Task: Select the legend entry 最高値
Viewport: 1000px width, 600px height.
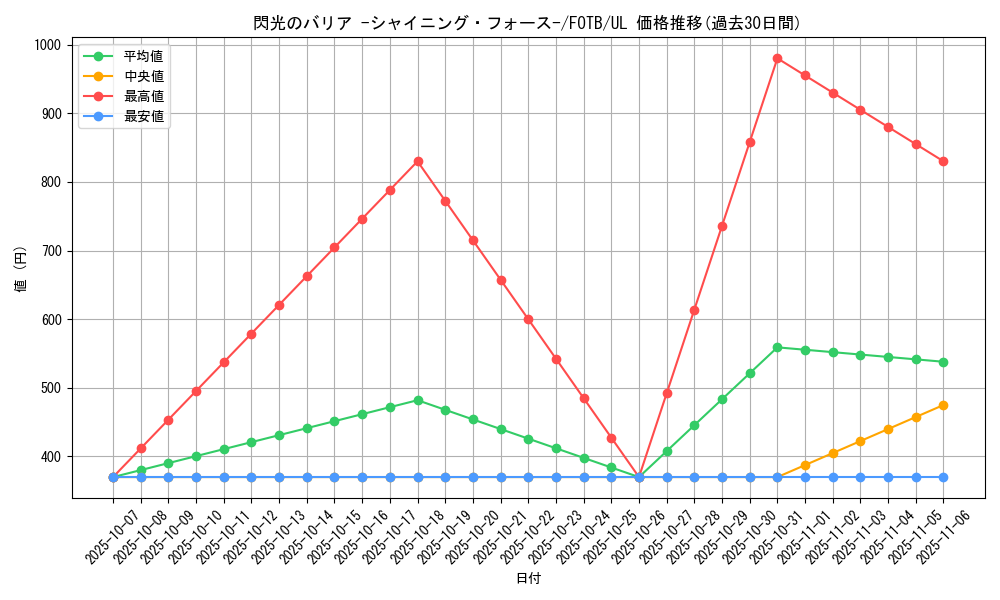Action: (x=144, y=96)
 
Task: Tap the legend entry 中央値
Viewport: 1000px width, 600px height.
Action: (x=144, y=76)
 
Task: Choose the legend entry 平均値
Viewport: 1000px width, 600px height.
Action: (x=144, y=56)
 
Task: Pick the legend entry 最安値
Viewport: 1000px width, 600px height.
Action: (x=144, y=116)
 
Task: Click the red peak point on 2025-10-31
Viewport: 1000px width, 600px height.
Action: (x=777, y=58)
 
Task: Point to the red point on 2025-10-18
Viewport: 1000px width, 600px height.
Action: (x=418, y=161)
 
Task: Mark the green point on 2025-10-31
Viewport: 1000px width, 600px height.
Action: (x=777, y=347)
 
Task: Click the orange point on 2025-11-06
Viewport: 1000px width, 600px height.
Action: (x=943, y=405)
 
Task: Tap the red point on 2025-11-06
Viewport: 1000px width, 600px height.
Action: (x=943, y=161)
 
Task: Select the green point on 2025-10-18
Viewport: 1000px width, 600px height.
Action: (x=418, y=400)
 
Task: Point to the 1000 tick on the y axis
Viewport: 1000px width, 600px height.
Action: (x=47, y=45)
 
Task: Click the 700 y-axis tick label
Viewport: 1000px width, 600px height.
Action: (x=50, y=251)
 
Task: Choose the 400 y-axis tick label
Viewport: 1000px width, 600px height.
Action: (x=50, y=457)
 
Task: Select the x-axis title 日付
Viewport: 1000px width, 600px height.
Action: (x=528, y=579)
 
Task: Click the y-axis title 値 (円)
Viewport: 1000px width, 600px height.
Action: (x=21, y=270)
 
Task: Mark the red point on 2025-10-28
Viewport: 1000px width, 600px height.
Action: (x=694, y=310)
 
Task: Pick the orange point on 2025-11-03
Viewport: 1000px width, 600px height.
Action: (x=860, y=441)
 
